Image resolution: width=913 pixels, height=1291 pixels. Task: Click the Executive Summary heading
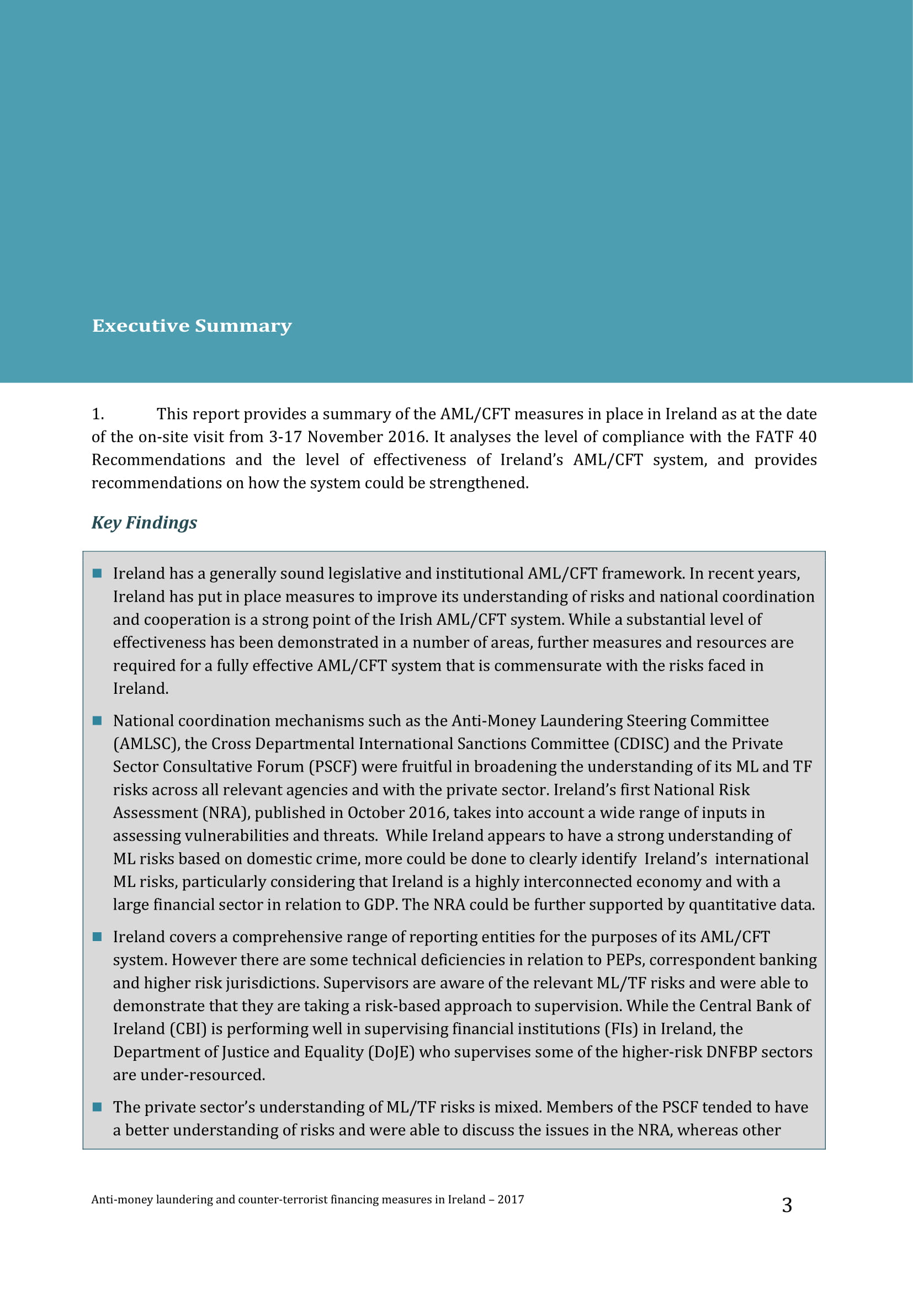(x=192, y=326)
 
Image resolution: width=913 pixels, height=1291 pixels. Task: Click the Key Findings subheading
(x=144, y=522)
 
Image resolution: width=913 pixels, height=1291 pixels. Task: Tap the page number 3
(x=787, y=1205)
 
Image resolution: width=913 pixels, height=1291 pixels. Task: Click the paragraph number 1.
(x=97, y=414)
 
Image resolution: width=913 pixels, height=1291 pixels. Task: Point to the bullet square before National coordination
(x=97, y=721)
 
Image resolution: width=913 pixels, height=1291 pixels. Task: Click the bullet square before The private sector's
(x=97, y=1107)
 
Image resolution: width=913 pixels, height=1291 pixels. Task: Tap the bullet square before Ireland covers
(x=97, y=937)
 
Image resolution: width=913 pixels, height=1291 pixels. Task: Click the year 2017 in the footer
(x=511, y=1199)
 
